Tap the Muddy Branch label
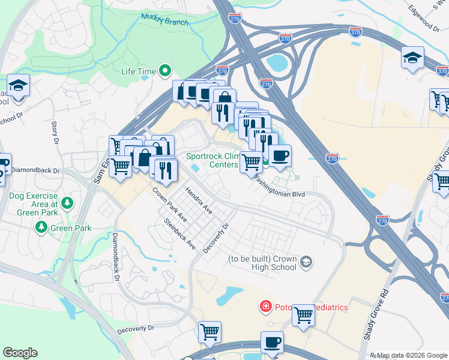[x=165, y=19]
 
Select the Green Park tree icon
[x=41, y=227]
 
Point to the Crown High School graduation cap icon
[x=306, y=262]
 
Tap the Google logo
[x=20, y=353]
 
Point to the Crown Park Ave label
[x=169, y=205]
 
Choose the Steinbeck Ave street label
[x=180, y=234]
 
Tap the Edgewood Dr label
[x=424, y=17]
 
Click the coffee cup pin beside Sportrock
[x=279, y=155]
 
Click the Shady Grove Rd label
[x=373, y=317]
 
